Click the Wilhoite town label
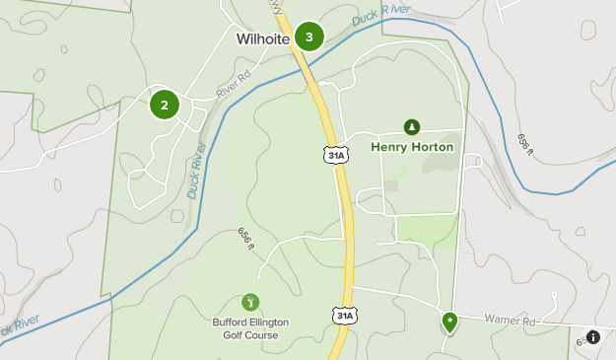(x=262, y=40)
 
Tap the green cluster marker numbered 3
(x=309, y=37)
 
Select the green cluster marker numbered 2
(x=165, y=105)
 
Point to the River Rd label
(x=234, y=88)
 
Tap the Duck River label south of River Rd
(x=197, y=170)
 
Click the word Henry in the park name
(x=390, y=147)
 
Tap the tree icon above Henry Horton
(x=411, y=126)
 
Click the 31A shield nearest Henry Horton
(x=337, y=155)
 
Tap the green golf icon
(x=250, y=302)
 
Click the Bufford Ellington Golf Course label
(x=245, y=327)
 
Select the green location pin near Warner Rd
(x=449, y=321)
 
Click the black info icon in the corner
(x=592, y=337)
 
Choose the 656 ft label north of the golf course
(x=246, y=243)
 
